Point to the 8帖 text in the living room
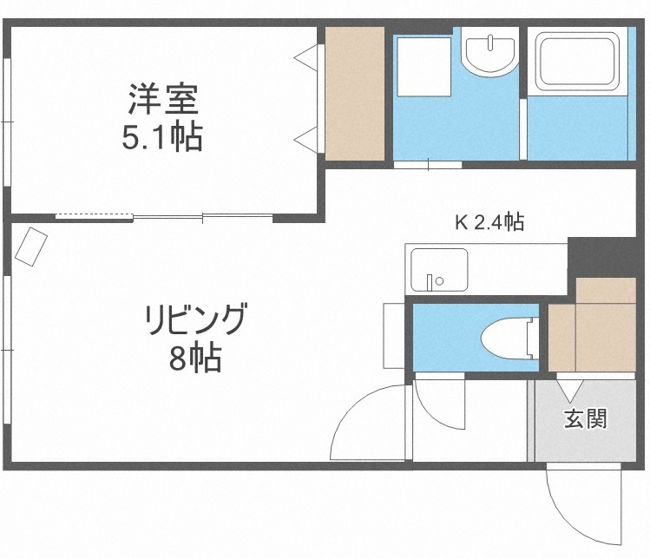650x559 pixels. [194, 357]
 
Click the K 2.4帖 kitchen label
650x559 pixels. [489, 223]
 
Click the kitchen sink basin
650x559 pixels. [438, 270]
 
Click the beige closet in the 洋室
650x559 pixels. [354, 94]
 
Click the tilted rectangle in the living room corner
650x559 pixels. [31, 246]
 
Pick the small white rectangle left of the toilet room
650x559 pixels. [393, 336]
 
